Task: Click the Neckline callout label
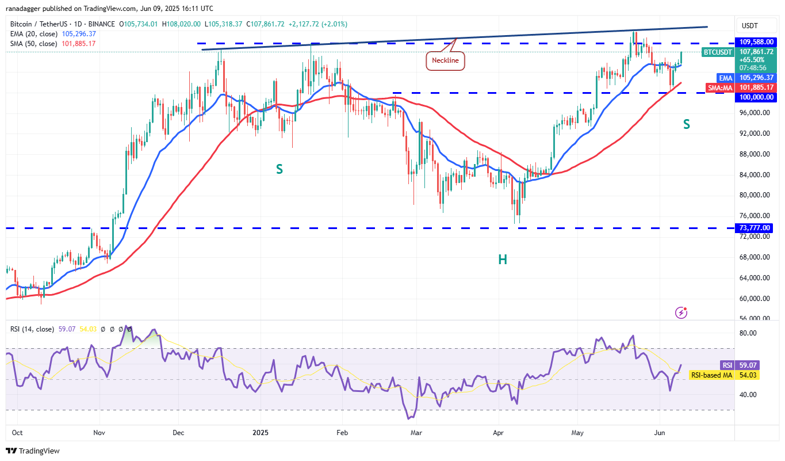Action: pyautogui.click(x=445, y=60)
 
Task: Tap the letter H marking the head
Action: pyautogui.click(x=503, y=260)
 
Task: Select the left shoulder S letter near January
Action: pyautogui.click(x=279, y=169)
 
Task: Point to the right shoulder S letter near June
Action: pyautogui.click(x=687, y=124)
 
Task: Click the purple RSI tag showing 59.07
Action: pyautogui.click(x=727, y=365)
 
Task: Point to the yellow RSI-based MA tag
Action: pyautogui.click(x=711, y=375)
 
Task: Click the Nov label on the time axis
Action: pyautogui.click(x=99, y=432)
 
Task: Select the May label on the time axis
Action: pyautogui.click(x=577, y=432)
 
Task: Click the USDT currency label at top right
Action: pyautogui.click(x=750, y=26)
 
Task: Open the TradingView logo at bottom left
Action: pyautogui.click(x=33, y=451)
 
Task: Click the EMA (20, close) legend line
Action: pyautogui.click(x=53, y=34)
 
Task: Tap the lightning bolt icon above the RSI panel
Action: pyautogui.click(x=681, y=313)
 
